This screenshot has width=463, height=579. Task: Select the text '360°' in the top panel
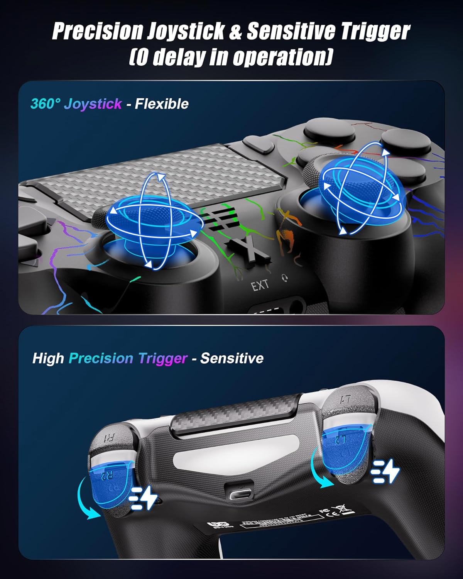pos(46,104)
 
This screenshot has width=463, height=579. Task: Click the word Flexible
pos(162,104)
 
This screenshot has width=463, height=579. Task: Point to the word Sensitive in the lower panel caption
pos(232,358)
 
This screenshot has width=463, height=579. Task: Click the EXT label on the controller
pos(260,286)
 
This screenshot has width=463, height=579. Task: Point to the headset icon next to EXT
pos(285,278)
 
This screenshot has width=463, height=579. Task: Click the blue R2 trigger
pos(109,484)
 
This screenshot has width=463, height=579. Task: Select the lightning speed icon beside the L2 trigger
pos(385,471)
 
